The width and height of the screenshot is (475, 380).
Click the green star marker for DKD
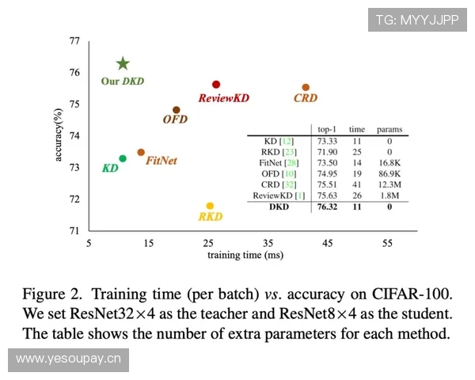pos(123,63)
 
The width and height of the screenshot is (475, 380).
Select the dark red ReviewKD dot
pos(216,84)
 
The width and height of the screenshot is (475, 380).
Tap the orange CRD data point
pos(306,87)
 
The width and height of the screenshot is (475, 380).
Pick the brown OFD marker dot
pos(176,110)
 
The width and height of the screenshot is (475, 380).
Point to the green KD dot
pos(122,158)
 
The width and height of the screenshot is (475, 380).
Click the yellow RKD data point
pos(210,206)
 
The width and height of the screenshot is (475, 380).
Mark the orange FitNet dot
pos(141,152)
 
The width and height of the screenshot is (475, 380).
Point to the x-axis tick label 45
pos(328,244)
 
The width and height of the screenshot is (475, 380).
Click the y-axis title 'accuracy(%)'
pos(59,135)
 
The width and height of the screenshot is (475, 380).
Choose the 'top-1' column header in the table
pos(328,128)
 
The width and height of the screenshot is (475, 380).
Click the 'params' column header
pos(389,128)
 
